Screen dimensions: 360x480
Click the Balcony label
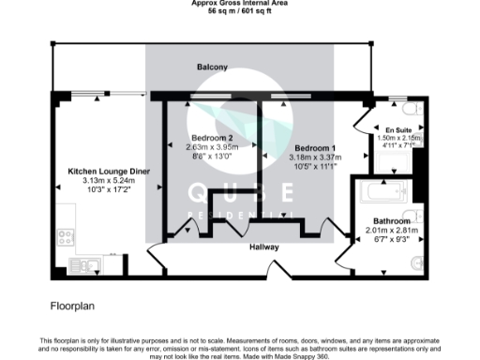tap(212, 67)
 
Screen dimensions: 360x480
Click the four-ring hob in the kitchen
tap(65, 237)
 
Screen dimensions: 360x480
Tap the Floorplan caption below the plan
tap(73, 306)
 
